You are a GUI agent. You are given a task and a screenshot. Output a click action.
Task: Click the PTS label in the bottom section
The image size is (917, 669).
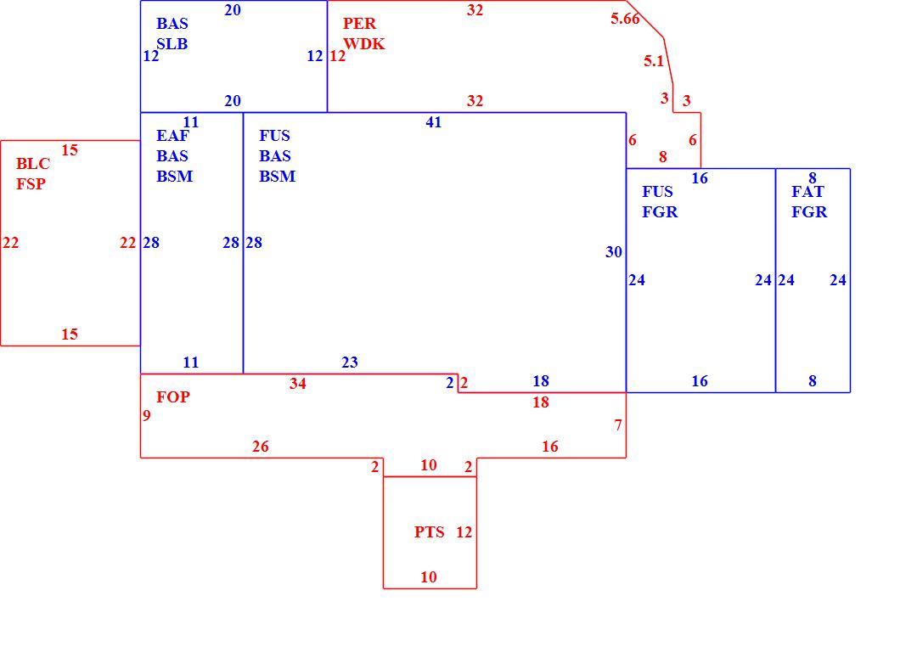pos(430,532)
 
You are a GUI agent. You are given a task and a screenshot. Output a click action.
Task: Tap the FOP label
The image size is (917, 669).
pos(173,397)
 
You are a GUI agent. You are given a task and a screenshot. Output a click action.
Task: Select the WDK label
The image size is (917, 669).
pos(363,44)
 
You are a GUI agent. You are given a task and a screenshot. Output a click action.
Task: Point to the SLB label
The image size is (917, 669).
pos(172,44)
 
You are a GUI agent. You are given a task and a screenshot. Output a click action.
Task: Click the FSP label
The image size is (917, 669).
pos(31,184)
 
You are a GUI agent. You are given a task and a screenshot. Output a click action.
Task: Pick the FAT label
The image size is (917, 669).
pos(807,192)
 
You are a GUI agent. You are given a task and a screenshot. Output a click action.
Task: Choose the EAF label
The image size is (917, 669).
pos(172,136)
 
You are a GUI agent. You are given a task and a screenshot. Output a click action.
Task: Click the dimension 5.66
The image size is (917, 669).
pos(625,19)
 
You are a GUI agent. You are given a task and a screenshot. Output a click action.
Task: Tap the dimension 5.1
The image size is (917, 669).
pos(654,61)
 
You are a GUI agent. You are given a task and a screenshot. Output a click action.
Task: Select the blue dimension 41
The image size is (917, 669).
pos(433,122)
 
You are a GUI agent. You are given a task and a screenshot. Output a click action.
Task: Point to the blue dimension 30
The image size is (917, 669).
pos(614,252)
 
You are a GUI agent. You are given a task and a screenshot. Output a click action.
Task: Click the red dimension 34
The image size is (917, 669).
pos(298,384)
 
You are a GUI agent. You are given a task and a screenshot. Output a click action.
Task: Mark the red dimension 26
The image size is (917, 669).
pos(261,447)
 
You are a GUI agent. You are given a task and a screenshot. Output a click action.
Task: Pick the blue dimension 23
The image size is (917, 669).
pos(350,363)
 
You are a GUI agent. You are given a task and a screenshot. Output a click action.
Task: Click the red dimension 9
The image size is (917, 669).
pos(146,416)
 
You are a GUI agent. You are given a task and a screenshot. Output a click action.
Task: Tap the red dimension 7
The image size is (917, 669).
pos(618,425)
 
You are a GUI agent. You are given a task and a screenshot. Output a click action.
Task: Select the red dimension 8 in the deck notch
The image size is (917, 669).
pos(662,157)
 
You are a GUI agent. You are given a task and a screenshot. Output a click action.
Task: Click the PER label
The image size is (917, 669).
pos(360,24)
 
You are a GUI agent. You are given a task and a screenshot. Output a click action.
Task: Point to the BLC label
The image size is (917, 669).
pos(33,164)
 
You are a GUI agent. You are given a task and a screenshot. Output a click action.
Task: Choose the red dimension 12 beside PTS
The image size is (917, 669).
pos(464,532)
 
